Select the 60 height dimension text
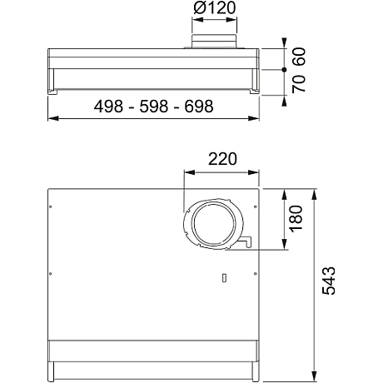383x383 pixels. pos(299,57)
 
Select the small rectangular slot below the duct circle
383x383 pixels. pos(225,277)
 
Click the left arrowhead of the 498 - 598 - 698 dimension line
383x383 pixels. pos(52,117)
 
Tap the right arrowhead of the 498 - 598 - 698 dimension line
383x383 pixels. pos(256,117)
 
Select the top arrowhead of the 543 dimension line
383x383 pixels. pos(315,191)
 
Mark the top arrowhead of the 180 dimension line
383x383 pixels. pos(284,191)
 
